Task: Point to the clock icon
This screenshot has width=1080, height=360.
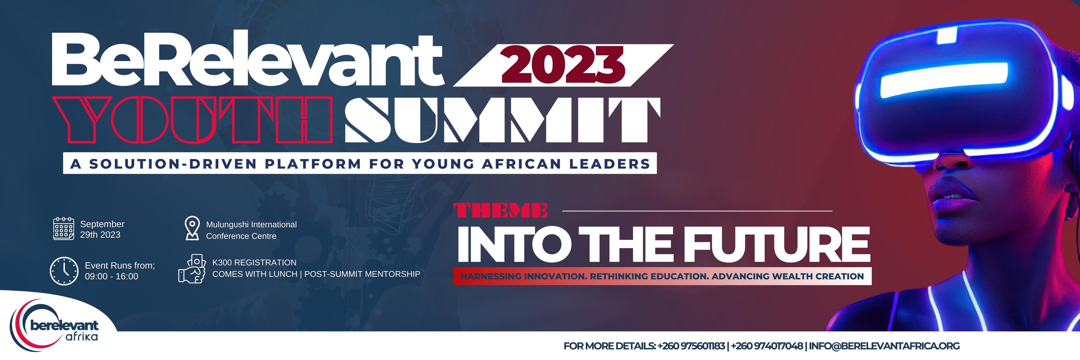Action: (x=64, y=271)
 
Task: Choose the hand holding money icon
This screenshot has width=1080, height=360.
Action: (x=192, y=269)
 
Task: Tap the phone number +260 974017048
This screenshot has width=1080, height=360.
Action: (x=767, y=346)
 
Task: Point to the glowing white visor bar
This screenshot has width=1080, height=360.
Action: (x=943, y=80)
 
